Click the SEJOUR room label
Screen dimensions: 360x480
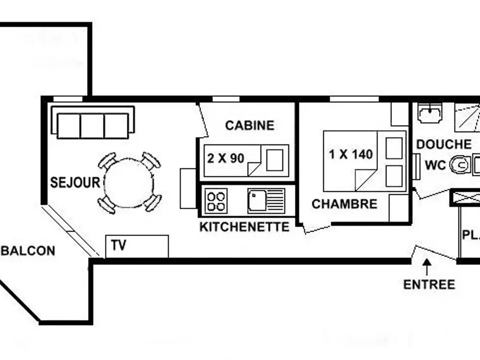click(x=75, y=182)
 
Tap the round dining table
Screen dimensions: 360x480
click(x=129, y=183)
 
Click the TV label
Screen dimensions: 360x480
click(x=118, y=245)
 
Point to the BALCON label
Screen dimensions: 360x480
click(x=28, y=251)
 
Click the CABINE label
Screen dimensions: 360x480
click(x=250, y=126)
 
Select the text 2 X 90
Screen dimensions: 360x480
click(x=226, y=157)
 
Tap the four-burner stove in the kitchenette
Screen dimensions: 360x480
click(x=216, y=201)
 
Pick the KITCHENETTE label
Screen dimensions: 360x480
click(x=244, y=227)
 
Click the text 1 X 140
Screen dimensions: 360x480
click(x=350, y=155)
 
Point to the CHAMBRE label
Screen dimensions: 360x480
click(x=344, y=204)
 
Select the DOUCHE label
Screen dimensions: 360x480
click(x=444, y=144)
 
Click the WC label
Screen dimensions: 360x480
click(x=435, y=165)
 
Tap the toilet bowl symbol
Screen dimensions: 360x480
click(x=460, y=165)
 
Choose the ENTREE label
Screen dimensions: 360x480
click(x=429, y=284)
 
